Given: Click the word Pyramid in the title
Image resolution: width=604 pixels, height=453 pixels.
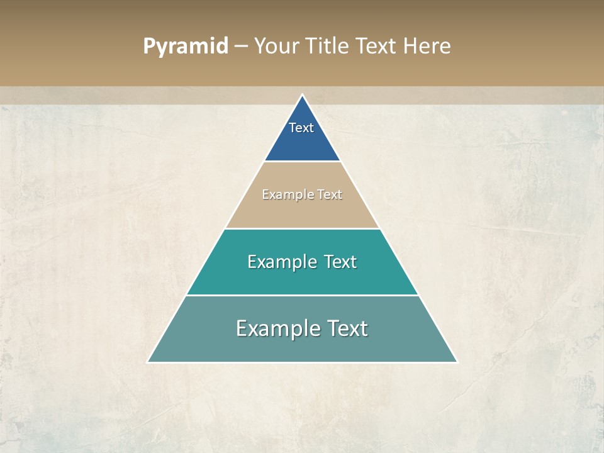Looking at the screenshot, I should (185, 47).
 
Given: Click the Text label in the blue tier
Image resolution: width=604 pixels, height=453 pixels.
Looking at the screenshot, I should (301, 128).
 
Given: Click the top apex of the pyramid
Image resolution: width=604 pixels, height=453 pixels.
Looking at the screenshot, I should (302, 96).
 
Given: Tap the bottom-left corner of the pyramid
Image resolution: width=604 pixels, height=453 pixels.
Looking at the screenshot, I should (148, 362).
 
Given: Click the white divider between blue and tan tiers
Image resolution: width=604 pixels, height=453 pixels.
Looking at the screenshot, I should (302, 162).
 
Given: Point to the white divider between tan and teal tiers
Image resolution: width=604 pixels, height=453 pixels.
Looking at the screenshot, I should (302, 228).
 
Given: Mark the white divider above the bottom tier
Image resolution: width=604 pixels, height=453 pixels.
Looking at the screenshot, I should (302, 295).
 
